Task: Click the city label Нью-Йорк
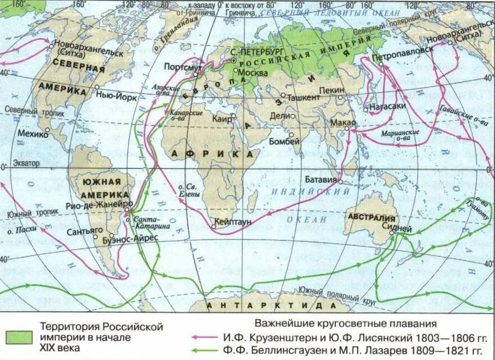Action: (119, 96)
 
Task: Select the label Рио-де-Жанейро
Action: (99, 204)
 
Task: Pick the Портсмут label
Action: (183, 67)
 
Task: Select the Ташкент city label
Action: (304, 97)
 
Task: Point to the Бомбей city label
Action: (285, 142)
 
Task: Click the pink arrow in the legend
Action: (205, 338)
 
